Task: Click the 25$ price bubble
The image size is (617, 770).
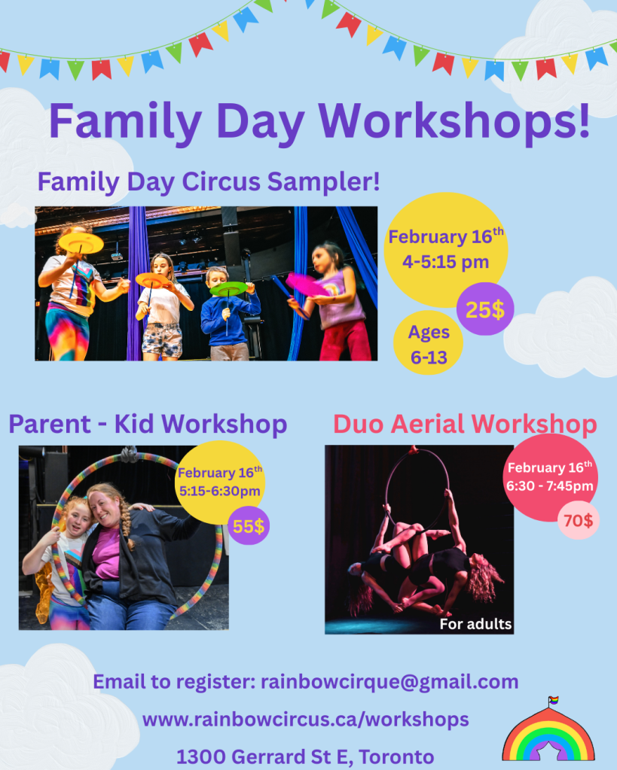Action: point(484,309)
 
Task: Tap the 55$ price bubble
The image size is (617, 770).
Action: point(249,526)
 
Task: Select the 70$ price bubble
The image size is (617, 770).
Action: point(578,520)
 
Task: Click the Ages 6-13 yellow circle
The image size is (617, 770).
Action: point(428,344)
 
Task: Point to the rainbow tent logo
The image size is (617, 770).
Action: point(548,730)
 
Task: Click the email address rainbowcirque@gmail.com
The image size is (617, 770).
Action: point(389,682)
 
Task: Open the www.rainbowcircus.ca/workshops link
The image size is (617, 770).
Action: point(305,720)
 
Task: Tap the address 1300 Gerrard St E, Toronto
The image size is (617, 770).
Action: point(305,756)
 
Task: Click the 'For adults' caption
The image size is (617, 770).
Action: point(475,624)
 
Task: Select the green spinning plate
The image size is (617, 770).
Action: point(228,289)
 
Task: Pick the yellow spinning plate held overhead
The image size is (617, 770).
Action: point(81,242)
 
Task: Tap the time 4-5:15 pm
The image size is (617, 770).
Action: point(445,262)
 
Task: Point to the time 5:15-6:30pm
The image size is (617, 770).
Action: point(220,491)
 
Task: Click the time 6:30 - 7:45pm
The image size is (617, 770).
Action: point(550,486)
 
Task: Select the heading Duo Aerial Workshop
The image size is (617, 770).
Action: point(465,424)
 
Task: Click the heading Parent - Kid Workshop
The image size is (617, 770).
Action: point(148,424)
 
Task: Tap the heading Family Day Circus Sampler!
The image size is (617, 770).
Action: point(209,181)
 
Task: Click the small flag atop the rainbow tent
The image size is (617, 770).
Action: point(554,700)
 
